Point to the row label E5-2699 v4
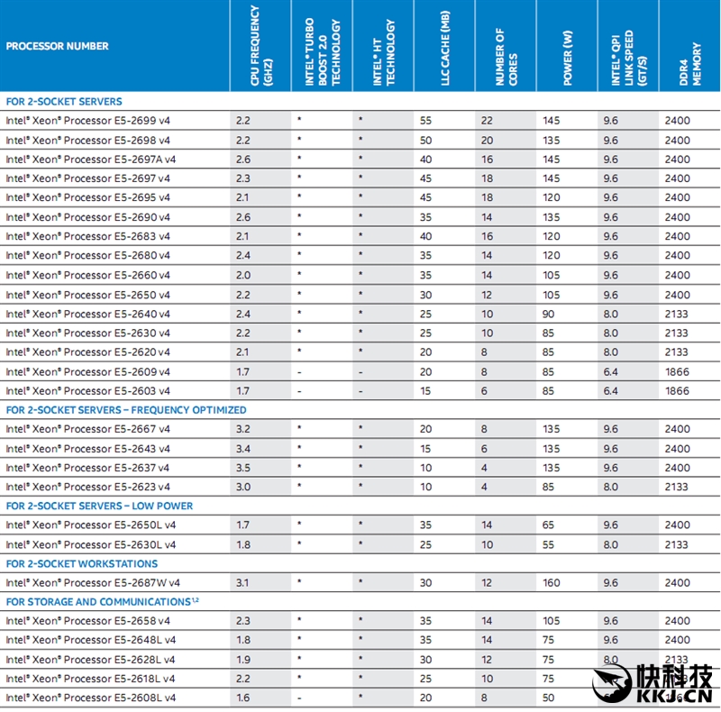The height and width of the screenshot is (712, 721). point(88,120)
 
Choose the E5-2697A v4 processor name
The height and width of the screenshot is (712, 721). point(91,159)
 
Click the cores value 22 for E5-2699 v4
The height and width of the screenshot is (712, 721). point(487,120)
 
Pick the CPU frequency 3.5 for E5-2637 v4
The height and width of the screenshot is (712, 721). point(243,468)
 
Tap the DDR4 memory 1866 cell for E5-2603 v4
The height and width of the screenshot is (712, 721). point(677,391)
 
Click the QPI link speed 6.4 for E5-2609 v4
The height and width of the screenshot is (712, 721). point(611,371)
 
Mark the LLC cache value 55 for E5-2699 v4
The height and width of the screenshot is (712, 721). point(425,120)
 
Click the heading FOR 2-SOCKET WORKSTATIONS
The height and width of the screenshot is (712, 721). point(82,563)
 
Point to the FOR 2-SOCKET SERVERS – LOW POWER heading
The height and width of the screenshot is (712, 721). point(99,506)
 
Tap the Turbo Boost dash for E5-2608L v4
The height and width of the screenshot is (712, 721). point(299,698)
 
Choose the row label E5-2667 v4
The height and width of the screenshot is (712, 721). point(88,429)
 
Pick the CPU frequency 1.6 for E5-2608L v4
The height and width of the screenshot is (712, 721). point(243,698)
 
